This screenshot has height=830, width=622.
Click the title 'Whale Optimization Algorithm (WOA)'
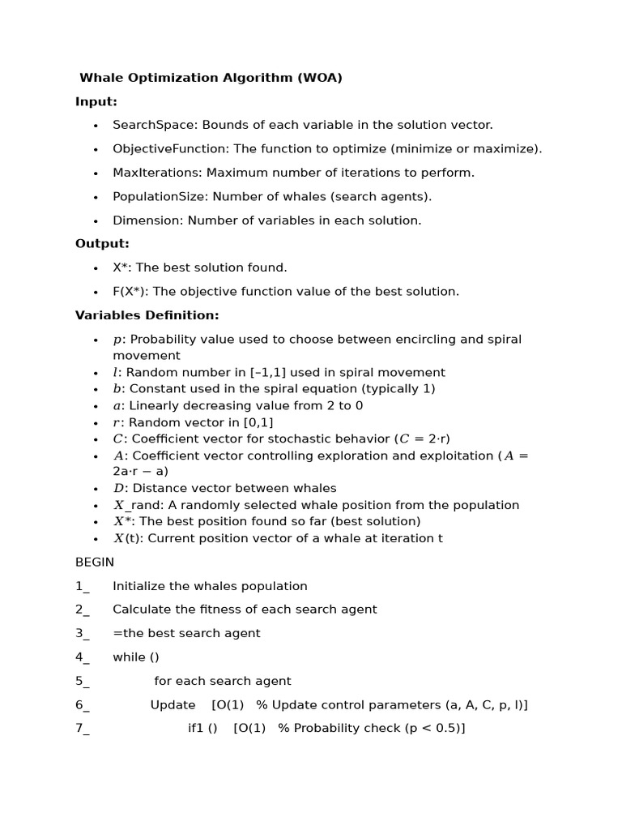(x=211, y=78)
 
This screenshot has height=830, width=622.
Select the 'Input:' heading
(x=96, y=101)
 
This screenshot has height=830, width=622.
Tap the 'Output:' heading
(x=102, y=243)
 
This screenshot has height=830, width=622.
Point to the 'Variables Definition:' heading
(x=147, y=315)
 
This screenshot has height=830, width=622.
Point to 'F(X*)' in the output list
(x=129, y=291)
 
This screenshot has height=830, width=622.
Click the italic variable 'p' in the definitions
(x=117, y=340)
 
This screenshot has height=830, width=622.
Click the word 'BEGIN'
(x=95, y=562)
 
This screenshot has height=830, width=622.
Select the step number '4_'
(x=83, y=657)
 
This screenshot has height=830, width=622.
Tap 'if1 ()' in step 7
(x=202, y=728)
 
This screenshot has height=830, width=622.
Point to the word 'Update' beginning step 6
(x=173, y=704)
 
